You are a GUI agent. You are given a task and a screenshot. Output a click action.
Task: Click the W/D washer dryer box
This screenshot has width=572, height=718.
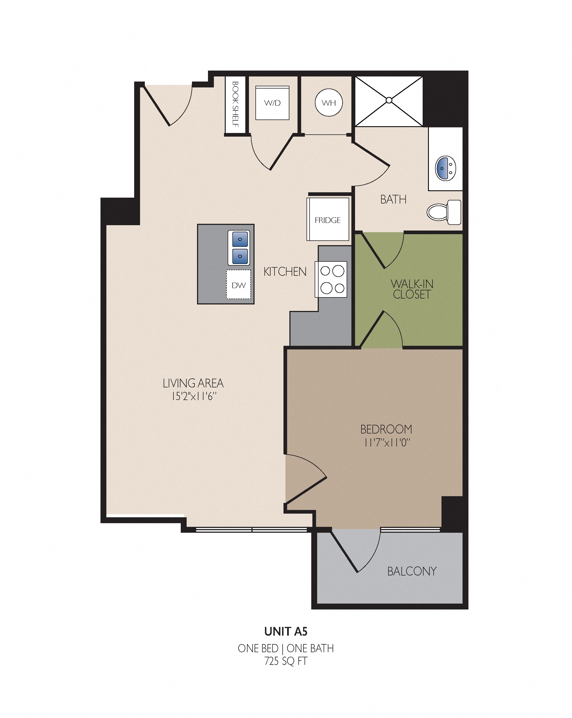point(272,103)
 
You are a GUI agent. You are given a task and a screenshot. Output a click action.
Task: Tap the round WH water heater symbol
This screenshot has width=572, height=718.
point(329,103)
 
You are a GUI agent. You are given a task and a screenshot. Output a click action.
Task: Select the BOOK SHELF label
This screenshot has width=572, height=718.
point(235,104)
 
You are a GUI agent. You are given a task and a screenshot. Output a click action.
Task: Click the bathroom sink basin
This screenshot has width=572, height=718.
point(445,168)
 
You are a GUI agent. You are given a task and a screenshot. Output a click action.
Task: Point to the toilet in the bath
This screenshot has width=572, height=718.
point(444,212)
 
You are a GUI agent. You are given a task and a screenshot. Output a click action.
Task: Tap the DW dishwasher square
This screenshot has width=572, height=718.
point(239,285)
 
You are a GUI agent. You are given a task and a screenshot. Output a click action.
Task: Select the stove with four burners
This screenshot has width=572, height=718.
point(331,279)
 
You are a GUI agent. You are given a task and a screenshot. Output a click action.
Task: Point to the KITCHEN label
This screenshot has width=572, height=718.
point(285,272)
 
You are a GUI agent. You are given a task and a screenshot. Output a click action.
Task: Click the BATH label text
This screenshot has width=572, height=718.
point(393,200)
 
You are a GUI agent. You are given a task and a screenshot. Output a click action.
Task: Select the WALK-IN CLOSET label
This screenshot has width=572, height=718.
point(412,289)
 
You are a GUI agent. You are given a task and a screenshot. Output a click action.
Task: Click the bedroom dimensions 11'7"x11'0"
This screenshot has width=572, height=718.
point(387,442)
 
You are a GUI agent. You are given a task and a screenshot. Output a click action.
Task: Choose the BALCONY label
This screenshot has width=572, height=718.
point(412,572)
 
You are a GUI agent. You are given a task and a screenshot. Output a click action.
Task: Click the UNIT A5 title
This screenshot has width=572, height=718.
point(286,631)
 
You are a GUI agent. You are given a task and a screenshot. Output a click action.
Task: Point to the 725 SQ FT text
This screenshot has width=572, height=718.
point(286,661)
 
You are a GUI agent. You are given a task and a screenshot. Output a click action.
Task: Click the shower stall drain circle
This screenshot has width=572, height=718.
point(389,100)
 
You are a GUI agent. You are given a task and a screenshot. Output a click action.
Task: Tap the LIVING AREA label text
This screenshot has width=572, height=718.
point(193,383)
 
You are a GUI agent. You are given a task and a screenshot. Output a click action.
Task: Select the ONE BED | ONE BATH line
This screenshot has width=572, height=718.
point(286,648)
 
